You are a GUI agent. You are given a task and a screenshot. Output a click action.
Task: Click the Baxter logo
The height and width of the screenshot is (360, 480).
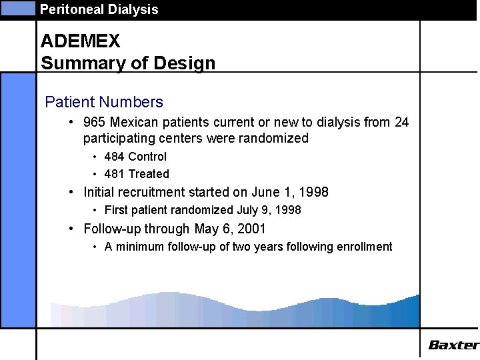453,345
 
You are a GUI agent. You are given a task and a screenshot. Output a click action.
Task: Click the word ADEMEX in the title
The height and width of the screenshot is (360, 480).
80,41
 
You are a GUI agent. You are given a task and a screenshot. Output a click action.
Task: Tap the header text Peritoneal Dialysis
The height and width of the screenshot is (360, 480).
99,9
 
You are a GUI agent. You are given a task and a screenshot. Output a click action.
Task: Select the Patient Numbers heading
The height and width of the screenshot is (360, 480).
103,102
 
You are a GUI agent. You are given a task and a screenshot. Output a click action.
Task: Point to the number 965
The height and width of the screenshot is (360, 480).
94,122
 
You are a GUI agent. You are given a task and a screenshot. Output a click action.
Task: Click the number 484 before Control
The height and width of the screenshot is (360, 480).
114,157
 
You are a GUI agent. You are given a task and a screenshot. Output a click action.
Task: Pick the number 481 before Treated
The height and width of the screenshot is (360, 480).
114,174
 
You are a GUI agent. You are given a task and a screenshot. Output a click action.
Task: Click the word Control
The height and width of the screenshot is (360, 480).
147,157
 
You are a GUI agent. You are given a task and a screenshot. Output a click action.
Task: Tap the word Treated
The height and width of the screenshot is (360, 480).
149,174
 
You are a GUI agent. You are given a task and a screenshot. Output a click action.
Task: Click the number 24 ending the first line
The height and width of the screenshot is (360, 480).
401,122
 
